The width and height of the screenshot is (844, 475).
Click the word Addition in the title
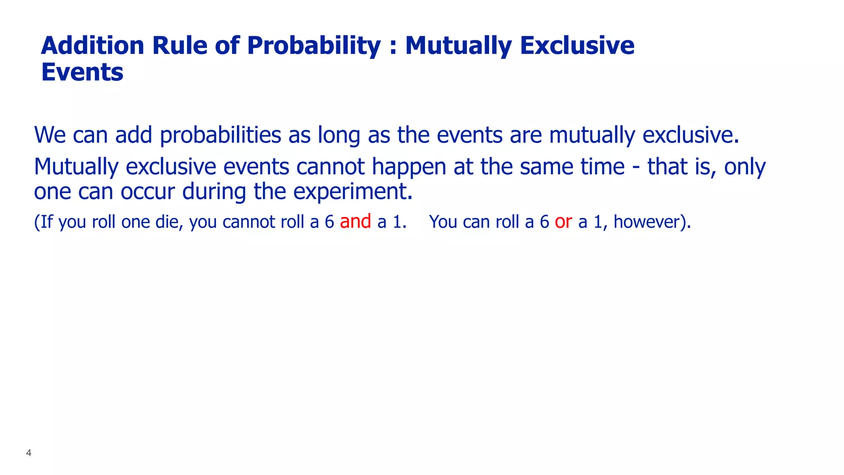tap(92, 45)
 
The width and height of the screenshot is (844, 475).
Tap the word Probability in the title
tap(314, 46)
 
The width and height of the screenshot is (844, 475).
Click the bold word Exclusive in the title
tap(577, 45)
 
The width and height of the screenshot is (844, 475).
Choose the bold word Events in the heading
tap(82, 72)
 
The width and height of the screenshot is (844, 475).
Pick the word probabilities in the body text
tap(220, 136)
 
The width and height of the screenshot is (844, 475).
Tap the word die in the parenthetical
tap(169, 222)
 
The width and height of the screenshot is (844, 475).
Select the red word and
tap(355, 221)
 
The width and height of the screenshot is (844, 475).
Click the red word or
tap(563, 222)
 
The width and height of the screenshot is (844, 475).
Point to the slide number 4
tap(28, 453)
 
